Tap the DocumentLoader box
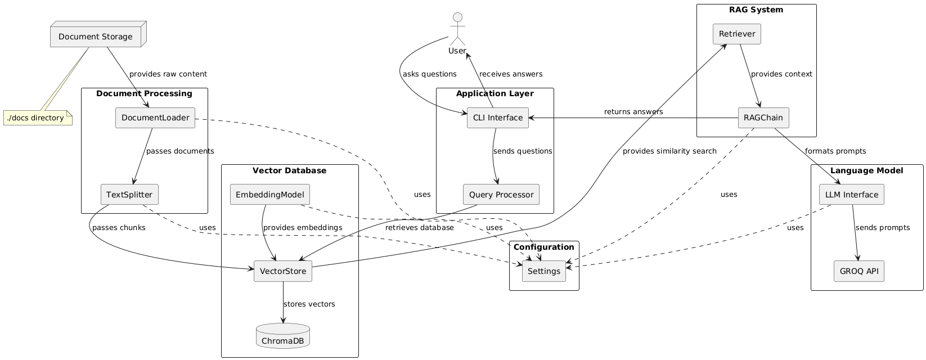pyautogui.click(x=155, y=118)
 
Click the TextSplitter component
pyautogui.click(x=129, y=195)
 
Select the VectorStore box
pyautogui.click(x=283, y=272)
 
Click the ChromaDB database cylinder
pyautogui.click(x=283, y=336)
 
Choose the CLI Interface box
pyautogui.click(x=497, y=118)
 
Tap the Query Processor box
pyautogui.click(x=501, y=195)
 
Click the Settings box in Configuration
pyautogui.click(x=544, y=272)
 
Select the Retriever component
pyautogui.click(x=736, y=34)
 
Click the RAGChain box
pyautogui.click(x=763, y=118)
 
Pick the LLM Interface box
pyautogui.click(x=851, y=195)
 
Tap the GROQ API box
pyautogui.click(x=859, y=272)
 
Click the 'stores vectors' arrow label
pyautogui.click(x=309, y=304)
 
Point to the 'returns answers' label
pyautogui.click(x=633, y=112)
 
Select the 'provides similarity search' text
pyautogui.click(x=669, y=151)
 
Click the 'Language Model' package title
pyautogui.click(x=866, y=170)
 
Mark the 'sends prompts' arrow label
pyautogui.click(x=882, y=228)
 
